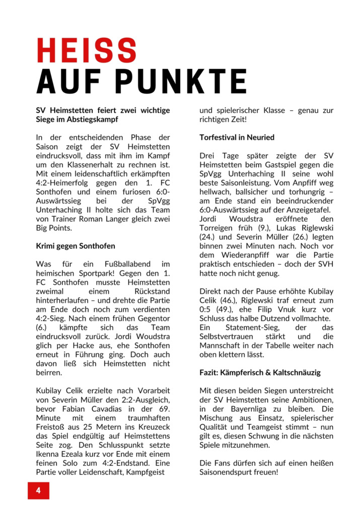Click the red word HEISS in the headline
click(87, 51)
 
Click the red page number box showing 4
click(38, 490)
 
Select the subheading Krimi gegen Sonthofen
click(76, 246)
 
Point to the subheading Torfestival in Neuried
click(237, 137)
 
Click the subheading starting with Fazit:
click(260, 373)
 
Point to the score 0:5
click(207, 310)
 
